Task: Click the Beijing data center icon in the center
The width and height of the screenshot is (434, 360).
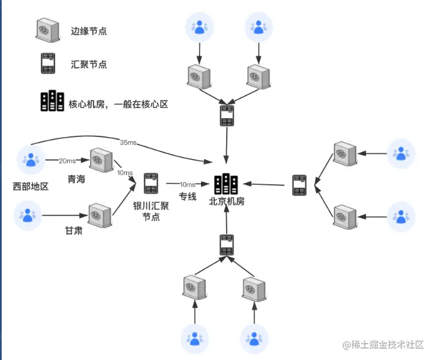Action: coord(226,183)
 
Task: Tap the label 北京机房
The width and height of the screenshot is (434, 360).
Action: coord(227,202)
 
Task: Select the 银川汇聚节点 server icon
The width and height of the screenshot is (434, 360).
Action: coord(151,183)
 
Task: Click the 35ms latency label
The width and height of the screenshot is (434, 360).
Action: coord(127,143)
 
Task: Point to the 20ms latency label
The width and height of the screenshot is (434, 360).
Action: coord(67,161)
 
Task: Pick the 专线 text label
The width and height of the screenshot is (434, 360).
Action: coord(188,197)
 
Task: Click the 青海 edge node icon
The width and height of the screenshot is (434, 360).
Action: coord(101,160)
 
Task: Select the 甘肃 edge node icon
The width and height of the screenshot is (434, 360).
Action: coord(100,215)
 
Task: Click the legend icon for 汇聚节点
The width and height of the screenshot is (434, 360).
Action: coord(48,64)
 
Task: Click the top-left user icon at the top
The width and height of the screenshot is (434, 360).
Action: coord(199,27)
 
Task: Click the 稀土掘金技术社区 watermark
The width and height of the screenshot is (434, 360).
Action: coord(383,345)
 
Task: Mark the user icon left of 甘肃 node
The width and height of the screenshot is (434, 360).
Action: coord(28,215)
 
